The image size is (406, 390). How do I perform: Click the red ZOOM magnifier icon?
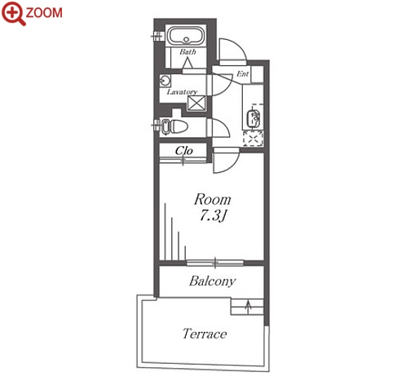pos(13,13)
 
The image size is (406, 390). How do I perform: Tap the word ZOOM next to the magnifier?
pos(44,13)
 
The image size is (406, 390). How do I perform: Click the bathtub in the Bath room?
pos(186,36)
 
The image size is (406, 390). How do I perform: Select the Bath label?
pos(188,51)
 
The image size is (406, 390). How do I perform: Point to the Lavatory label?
pos(182,92)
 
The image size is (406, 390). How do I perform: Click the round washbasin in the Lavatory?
pos(165,81)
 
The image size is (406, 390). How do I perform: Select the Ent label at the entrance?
pos(243,73)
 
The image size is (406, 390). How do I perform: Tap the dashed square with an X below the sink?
pos(253,139)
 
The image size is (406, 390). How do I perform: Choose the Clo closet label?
pos(184,150)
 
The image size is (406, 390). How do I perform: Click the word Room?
pos(213,200)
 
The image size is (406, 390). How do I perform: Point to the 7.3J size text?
pos(213,216)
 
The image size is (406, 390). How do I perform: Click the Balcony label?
pos(212,281)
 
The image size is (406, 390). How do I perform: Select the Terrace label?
pos(205,334)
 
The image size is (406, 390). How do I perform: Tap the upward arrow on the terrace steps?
pos(248,307)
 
